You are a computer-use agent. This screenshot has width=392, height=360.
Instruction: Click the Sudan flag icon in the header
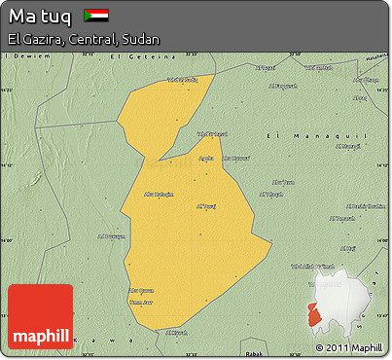click(x=95, y=16)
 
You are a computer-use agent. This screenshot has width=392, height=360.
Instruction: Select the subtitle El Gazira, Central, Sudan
click(x=83, y=39)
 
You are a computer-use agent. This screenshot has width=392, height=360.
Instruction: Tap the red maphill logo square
click(x=40, y=317)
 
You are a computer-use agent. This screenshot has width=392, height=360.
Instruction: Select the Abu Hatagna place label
click(x=159, y=195)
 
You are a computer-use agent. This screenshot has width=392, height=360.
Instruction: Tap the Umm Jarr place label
click(x=141, y=300)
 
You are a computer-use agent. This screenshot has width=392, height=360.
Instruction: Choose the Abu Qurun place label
click(x=141, y=290)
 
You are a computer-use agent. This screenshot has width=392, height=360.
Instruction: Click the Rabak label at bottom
click(x=254, y=352)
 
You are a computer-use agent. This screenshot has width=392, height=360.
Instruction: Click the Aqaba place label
click(x=206, y=158)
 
